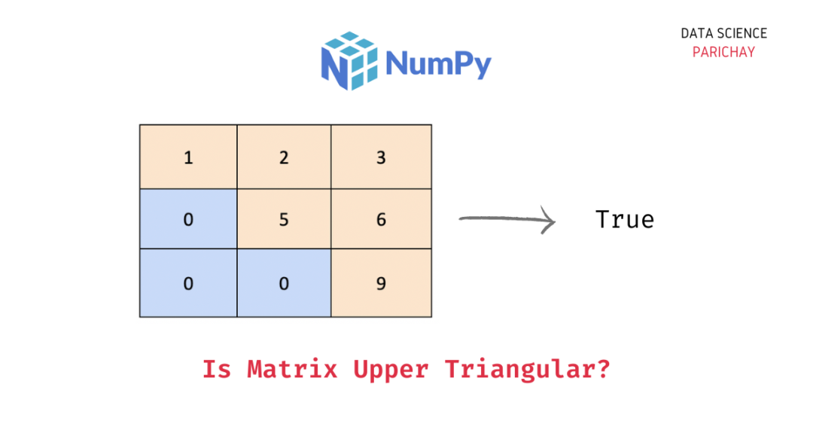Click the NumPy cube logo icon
349,61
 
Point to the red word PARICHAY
723,52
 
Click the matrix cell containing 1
188,157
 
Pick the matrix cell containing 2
284,157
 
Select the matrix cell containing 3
381,157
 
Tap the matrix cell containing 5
284,220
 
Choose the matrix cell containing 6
381,220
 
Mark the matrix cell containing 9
381,284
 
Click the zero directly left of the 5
188,220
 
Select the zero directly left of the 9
284,284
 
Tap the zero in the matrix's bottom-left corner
188,284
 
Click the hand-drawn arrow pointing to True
507,221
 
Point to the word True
625,220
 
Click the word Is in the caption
218,370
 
